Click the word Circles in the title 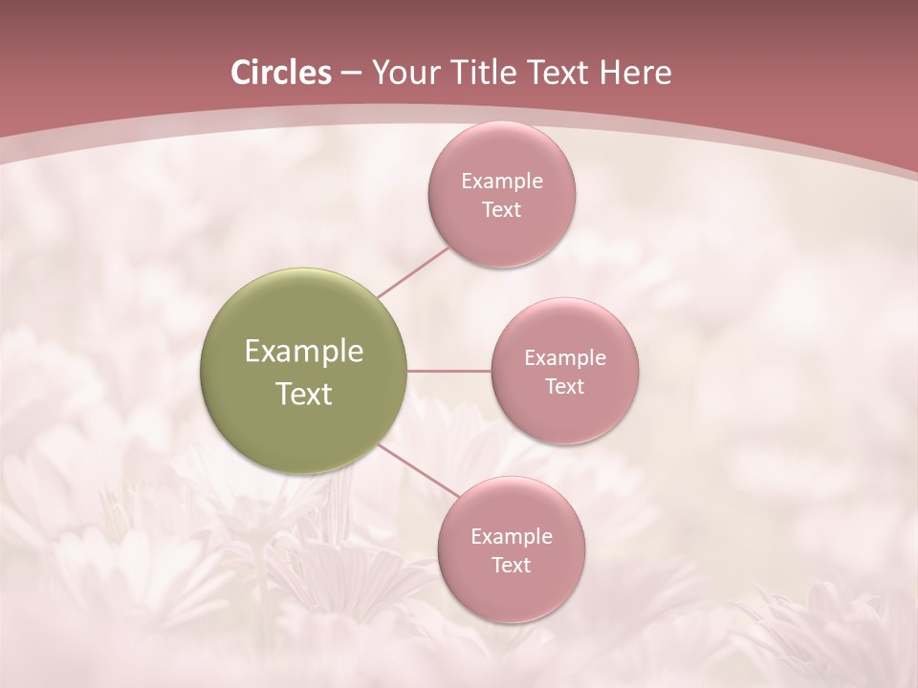click(x=281, y=73)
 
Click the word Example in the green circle click(x=304, y=352)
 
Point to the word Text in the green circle click(x=304, y=394)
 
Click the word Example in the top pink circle click(x=501, y=182)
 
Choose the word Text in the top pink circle click(x=501, y=210)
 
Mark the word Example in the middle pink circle click(x=564, y=358)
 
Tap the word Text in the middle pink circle click(x=564, y=387)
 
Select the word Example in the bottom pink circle click(x=511, y=537)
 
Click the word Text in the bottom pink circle click(x=511, y=566)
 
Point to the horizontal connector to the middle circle click(x=449, y=371)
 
